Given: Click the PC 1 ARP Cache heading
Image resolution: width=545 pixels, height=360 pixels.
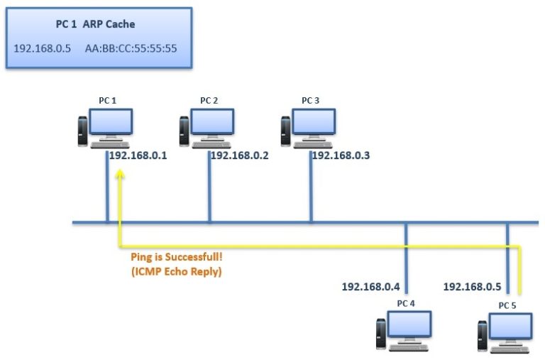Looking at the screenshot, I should [95, 24].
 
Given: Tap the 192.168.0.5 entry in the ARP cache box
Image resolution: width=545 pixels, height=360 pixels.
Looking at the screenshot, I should [42, 49].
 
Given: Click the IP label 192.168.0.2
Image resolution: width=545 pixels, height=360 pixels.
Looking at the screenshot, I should [239, 156].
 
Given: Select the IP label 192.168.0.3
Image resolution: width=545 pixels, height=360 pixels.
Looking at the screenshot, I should [341, 155].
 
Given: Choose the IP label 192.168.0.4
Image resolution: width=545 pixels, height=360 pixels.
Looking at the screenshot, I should [370, 287].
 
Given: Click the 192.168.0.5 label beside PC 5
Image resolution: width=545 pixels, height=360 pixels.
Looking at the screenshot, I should [472, 287].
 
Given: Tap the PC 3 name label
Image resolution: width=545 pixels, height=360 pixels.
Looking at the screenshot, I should [311, 100].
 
